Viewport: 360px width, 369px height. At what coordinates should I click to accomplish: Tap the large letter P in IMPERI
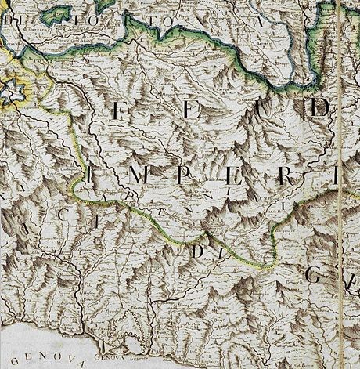point(181,175)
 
